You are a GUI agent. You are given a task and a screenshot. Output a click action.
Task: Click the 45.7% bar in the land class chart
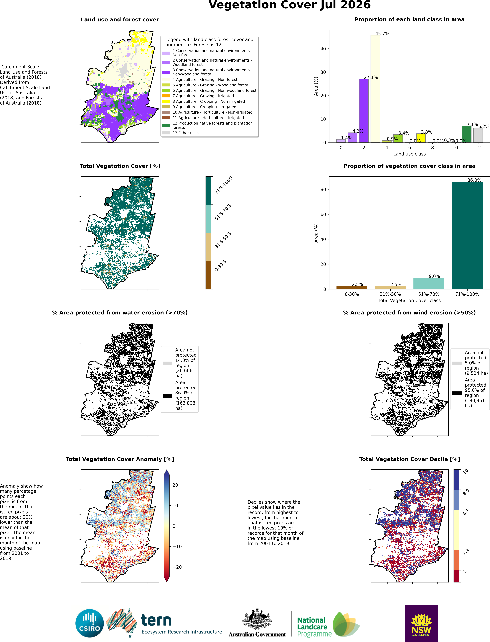click(x=375, y=89)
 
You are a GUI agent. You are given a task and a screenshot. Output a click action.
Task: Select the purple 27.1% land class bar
click(x=364, y=111)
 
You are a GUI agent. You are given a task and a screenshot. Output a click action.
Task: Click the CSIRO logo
click(x=90, y=624)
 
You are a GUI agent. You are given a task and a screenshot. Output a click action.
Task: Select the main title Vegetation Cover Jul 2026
click(x=290, y=5)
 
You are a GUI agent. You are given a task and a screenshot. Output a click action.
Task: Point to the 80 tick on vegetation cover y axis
click(x=323, y=189)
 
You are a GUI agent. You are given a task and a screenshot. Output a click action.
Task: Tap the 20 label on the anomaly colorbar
click(x=175, y=485)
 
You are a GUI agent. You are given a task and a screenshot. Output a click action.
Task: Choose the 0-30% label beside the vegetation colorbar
click(x=220, y=266)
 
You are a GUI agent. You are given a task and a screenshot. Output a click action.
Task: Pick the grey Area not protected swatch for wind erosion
click(x=457, y=363)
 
